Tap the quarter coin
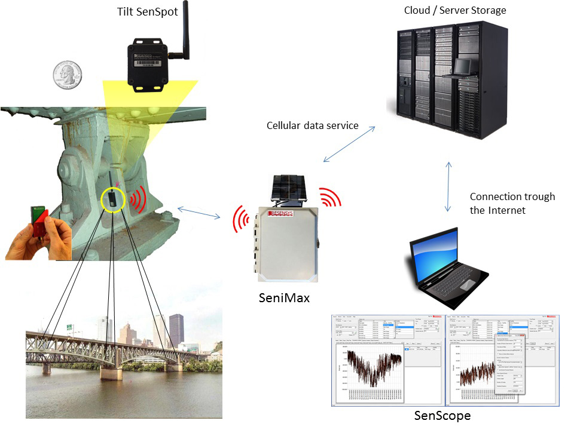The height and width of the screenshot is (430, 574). pos(66,75)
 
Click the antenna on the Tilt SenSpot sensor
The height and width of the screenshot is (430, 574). pos(185,27)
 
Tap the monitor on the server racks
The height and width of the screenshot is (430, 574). pos(463,66)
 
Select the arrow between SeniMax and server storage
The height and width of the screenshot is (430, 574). pos(349,144)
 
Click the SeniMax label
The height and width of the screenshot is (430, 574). pos(285,297)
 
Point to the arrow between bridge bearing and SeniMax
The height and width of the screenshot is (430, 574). pos(198,214)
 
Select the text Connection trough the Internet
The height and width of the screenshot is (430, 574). pos(512,203)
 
